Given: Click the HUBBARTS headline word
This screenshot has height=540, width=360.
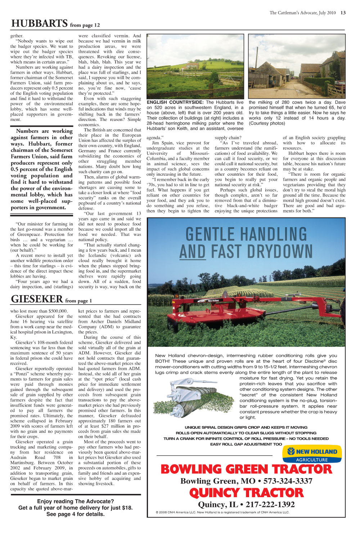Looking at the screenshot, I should (x=39, y=23).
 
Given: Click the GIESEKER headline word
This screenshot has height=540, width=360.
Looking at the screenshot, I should (x=37, y=299).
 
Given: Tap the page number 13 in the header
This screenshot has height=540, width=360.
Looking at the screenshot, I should (x=343, y=13).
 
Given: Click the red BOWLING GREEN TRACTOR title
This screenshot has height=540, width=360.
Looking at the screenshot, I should (x=246, y=469).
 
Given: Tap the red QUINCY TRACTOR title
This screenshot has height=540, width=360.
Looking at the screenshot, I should (x=246, y=492).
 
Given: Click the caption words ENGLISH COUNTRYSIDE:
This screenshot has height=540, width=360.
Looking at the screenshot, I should (x=175, y=102).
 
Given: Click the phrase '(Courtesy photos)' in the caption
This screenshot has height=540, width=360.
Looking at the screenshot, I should (x=267, y=123).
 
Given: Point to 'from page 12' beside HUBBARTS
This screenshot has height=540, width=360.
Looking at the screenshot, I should (x=85, y=25).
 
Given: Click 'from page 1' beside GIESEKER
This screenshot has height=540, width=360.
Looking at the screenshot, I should (x=78, y=301).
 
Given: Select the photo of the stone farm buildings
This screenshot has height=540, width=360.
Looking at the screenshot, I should (x=297, y=66).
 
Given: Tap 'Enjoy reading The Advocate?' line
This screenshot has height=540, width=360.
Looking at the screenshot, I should (x=76, y=501).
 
